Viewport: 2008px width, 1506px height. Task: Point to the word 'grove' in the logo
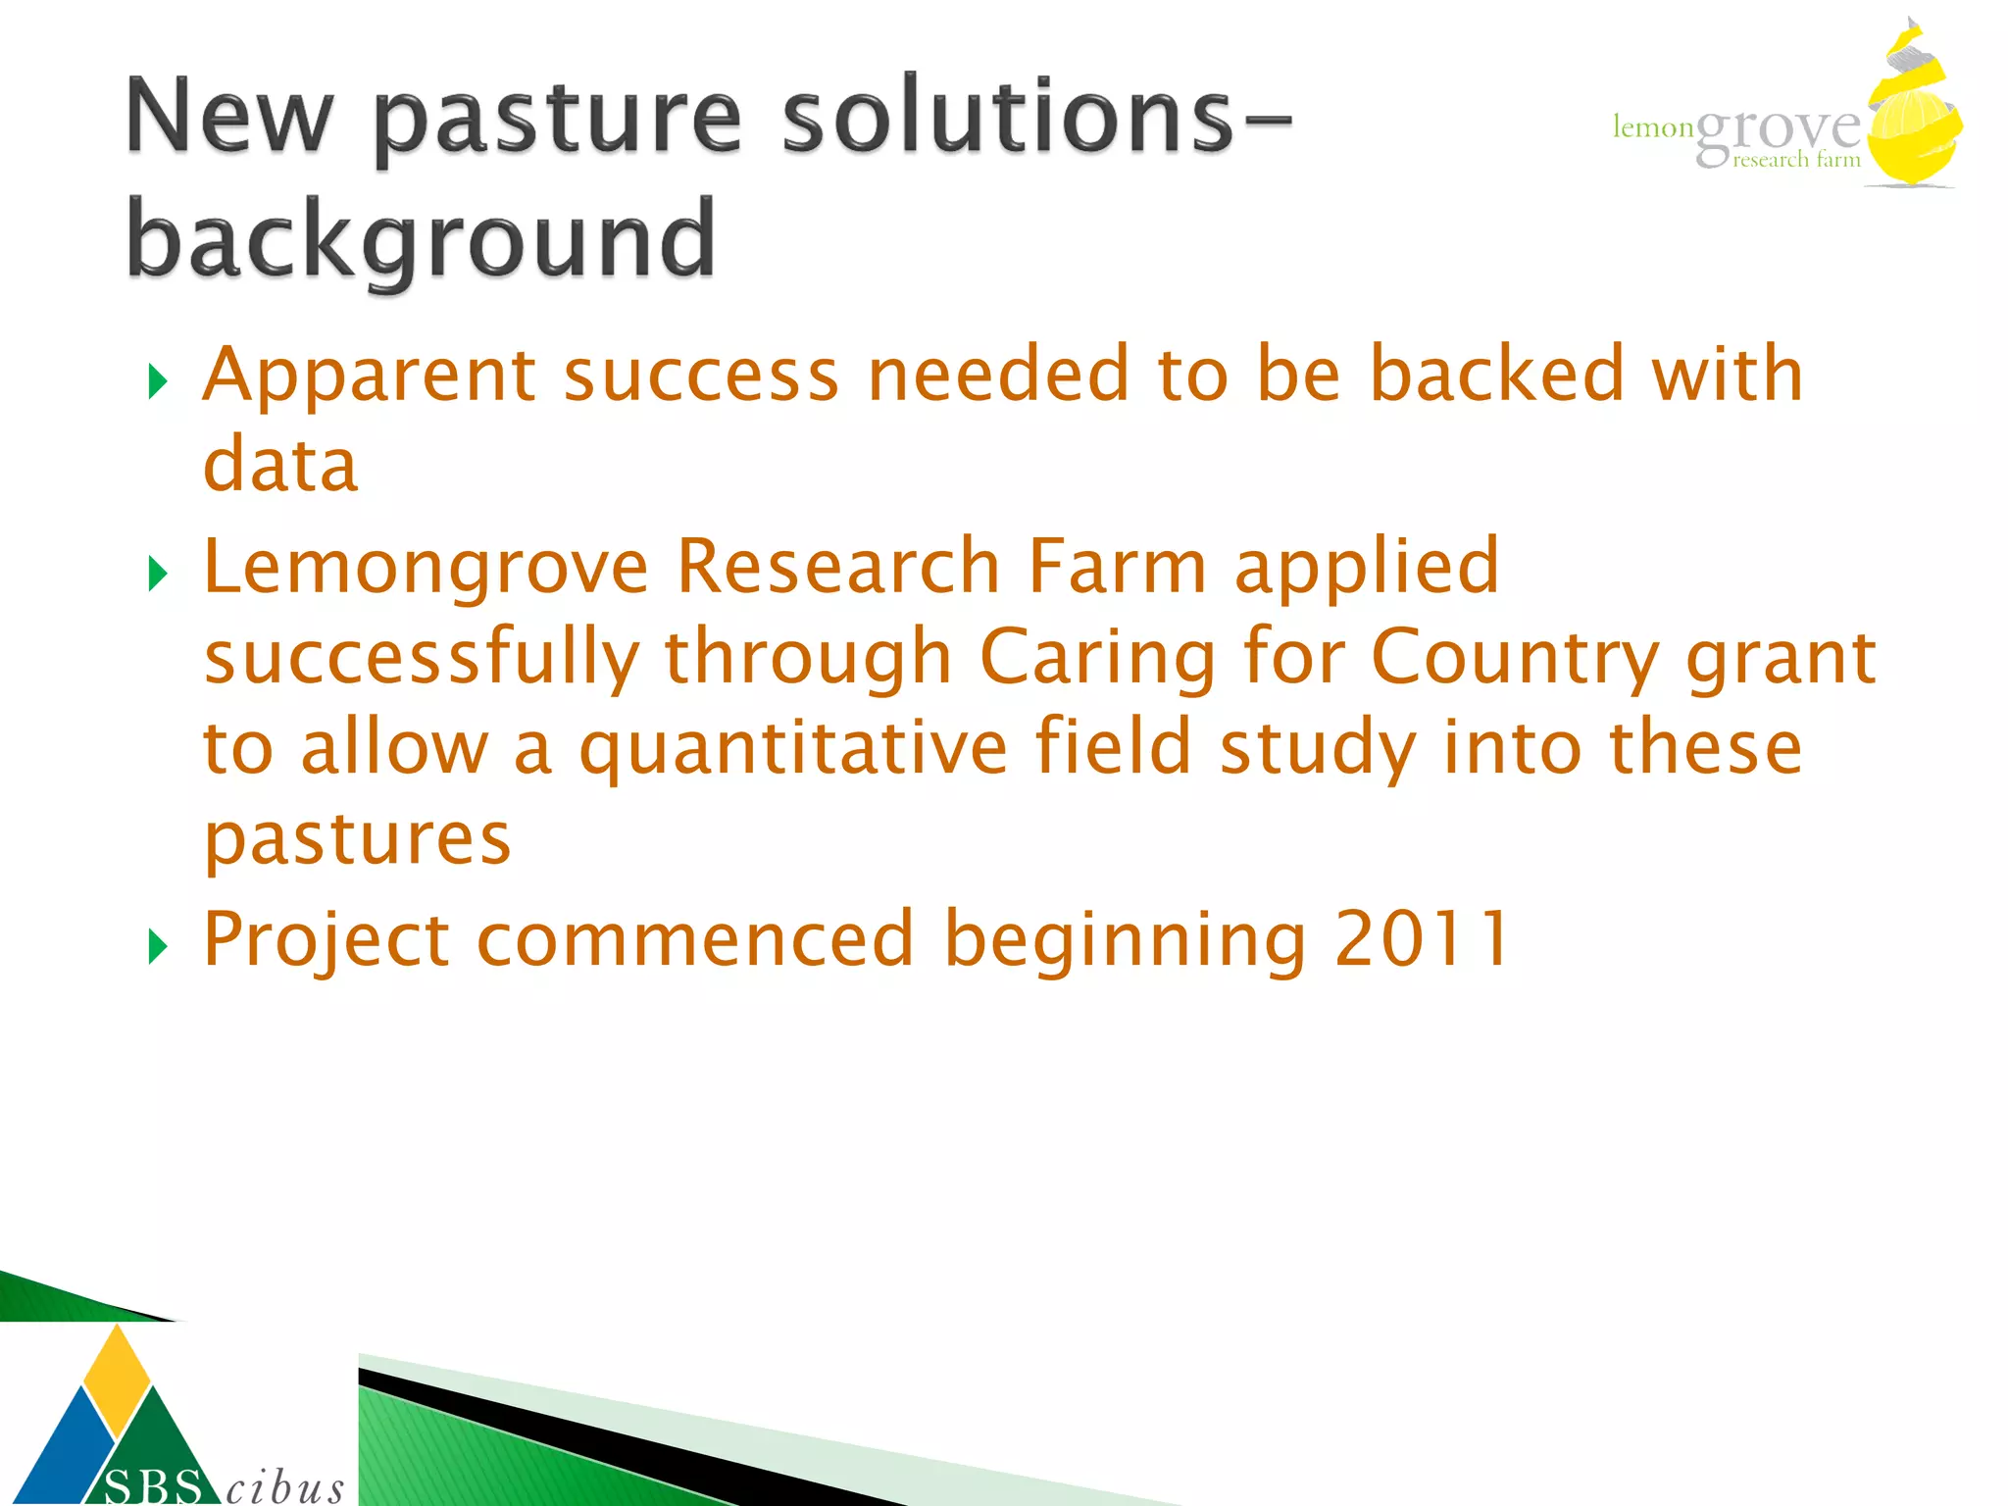1777,130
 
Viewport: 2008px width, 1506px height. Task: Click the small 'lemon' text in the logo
1653,127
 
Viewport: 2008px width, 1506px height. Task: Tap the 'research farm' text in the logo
1795,160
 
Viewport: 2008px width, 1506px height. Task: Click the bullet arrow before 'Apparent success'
158,381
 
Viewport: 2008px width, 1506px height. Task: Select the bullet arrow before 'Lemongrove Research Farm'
158,574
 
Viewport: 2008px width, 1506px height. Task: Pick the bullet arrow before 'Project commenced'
158,946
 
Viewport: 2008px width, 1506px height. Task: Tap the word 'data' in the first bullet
280,465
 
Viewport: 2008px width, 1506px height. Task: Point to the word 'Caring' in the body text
1097,657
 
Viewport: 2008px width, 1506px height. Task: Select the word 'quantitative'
792,748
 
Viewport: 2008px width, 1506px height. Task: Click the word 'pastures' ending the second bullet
357,839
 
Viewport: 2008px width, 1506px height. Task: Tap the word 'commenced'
695,939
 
